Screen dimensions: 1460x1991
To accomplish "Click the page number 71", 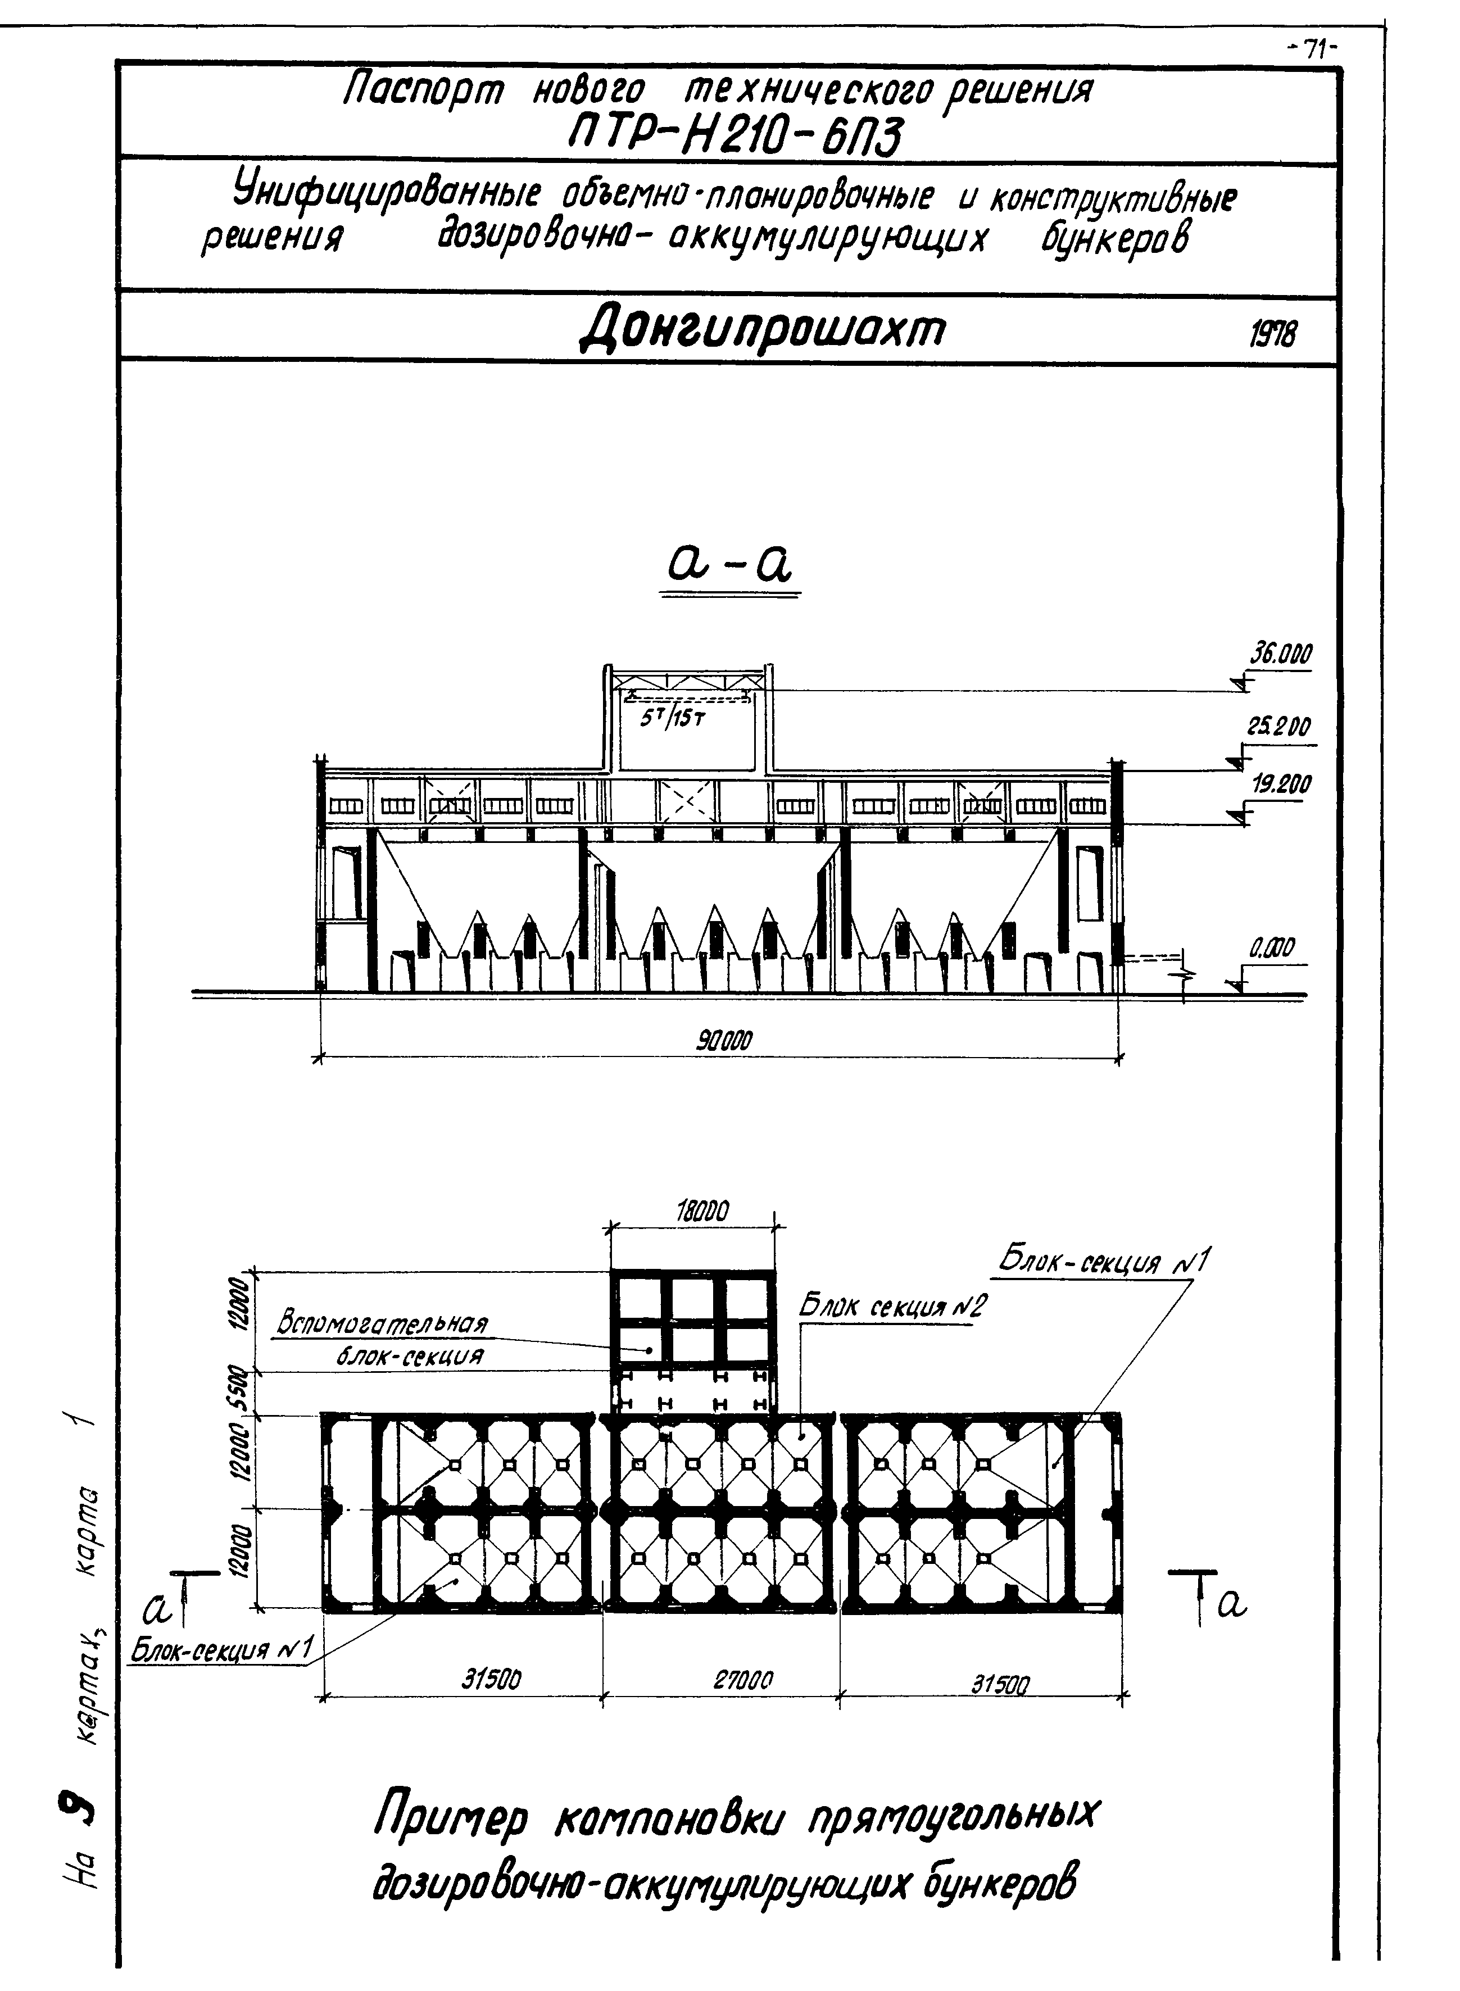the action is coord(1314,51).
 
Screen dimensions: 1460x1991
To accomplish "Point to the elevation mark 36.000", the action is coord(1280,655).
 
